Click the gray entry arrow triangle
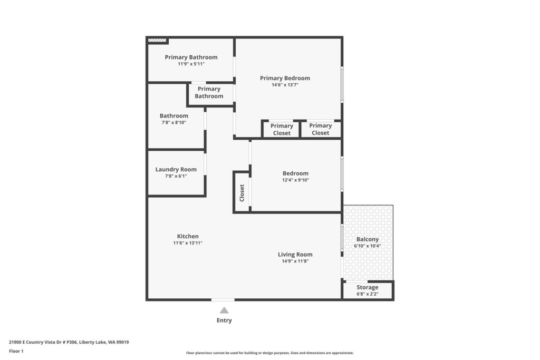[x=224, y=310]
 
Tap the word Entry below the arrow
[x=224, y=320]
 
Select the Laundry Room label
[x=176, y=169]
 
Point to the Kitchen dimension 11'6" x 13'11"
[x=188, y=243]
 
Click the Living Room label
[x=295, y=255]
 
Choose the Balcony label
[x=368, y=239]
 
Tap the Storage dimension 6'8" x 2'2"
[x=368, y=294]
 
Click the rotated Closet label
[x=242, y=193]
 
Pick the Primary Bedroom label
[x=285, y=78]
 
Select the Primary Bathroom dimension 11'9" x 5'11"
[x=191, y=64]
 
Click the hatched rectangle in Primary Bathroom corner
[x=157, y=40]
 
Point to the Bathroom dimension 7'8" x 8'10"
[x=174, y=122]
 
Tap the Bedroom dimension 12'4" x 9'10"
[x=295, y=180]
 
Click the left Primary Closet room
[x=282, y=130]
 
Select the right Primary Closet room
[x=321, y=130]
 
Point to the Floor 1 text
[x=16, y=351]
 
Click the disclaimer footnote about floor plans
[x=270, y=353]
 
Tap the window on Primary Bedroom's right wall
[x=342, y=84]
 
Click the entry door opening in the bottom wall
[x=223, y=300]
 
